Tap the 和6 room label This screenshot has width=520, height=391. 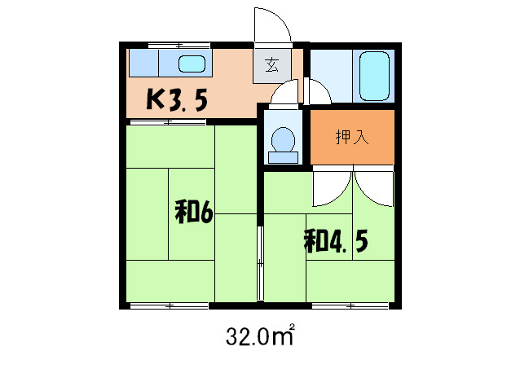pos(193,213)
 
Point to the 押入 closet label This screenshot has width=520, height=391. pos(352,136)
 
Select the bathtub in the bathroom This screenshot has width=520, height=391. pos(374,76)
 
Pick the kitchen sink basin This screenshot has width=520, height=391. pos(193,64)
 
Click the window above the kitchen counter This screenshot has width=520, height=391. pos(179,44)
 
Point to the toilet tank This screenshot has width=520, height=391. pos(283,157)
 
